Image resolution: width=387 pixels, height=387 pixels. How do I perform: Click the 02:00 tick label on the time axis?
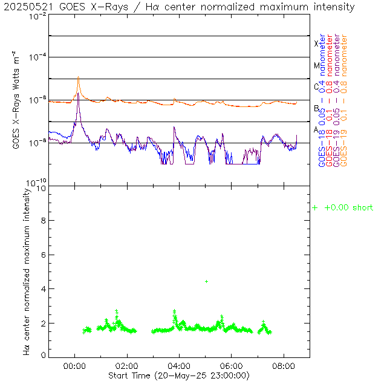(126, 365)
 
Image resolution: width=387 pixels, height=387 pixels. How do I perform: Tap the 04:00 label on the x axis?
(179, 365)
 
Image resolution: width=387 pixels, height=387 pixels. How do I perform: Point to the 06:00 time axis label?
(232, 365)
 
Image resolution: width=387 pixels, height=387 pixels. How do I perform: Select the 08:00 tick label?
(284, 365)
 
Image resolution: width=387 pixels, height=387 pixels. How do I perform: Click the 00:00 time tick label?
(74, 365)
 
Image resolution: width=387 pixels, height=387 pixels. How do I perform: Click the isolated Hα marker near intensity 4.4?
(206, 281)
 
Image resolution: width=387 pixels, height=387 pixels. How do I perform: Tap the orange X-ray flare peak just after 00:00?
(78, 78)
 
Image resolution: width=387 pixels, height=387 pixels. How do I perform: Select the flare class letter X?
(316, 44)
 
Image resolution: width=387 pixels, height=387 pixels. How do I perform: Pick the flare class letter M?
(316, 65)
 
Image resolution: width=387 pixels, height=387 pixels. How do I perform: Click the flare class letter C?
(316, 86)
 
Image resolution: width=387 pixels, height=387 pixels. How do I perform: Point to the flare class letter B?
(316, 108)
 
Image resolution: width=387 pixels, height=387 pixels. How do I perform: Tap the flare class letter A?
(316, 129)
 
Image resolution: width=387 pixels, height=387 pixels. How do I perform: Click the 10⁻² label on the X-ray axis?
(37, 16)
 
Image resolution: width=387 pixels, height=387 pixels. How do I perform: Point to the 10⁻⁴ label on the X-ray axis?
(37, 57)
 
